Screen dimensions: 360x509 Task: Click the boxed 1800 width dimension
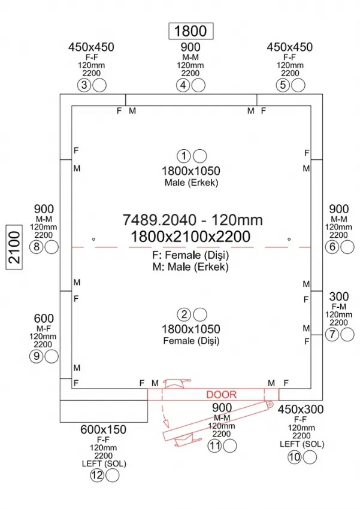191,31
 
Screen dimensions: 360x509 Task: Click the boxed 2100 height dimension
14,247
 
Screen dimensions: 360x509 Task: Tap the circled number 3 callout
84,86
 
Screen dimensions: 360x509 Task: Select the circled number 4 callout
183,86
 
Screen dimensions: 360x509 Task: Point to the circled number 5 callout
283,85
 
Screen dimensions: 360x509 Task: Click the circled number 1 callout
184,156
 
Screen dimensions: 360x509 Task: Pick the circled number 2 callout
184,314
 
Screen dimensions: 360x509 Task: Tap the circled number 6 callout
332,247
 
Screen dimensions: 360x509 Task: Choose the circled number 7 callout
332,334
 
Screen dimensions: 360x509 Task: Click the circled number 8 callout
37,247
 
